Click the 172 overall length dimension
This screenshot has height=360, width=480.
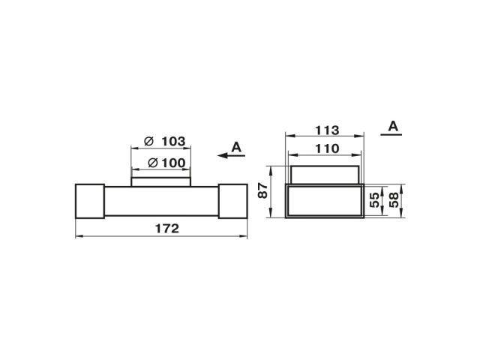pos(167,229)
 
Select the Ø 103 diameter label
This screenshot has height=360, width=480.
pos(165,142)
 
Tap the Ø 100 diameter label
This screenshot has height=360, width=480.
pos(166,163)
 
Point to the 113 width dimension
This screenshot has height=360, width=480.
pos(327,130)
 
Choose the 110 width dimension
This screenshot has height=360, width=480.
pos(327,148)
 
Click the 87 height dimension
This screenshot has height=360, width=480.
pos(263,190)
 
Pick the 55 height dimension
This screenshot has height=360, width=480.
pos(374,200)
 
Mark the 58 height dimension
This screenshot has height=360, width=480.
pos(394,200)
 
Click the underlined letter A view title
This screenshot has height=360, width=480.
pos(393,126)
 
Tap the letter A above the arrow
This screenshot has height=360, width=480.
pos(236,147)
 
